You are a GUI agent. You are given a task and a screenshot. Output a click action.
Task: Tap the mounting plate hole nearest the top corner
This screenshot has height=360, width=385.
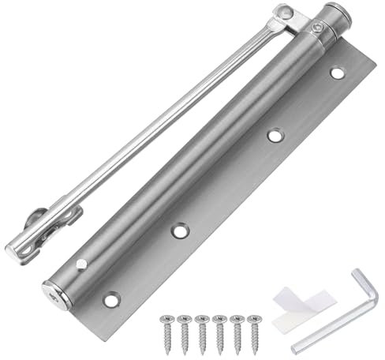[337, 73]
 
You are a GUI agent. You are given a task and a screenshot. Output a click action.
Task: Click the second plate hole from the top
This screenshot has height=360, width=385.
[275, 136]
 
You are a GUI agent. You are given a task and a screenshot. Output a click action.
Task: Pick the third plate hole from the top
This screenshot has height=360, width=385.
[181, 232]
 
